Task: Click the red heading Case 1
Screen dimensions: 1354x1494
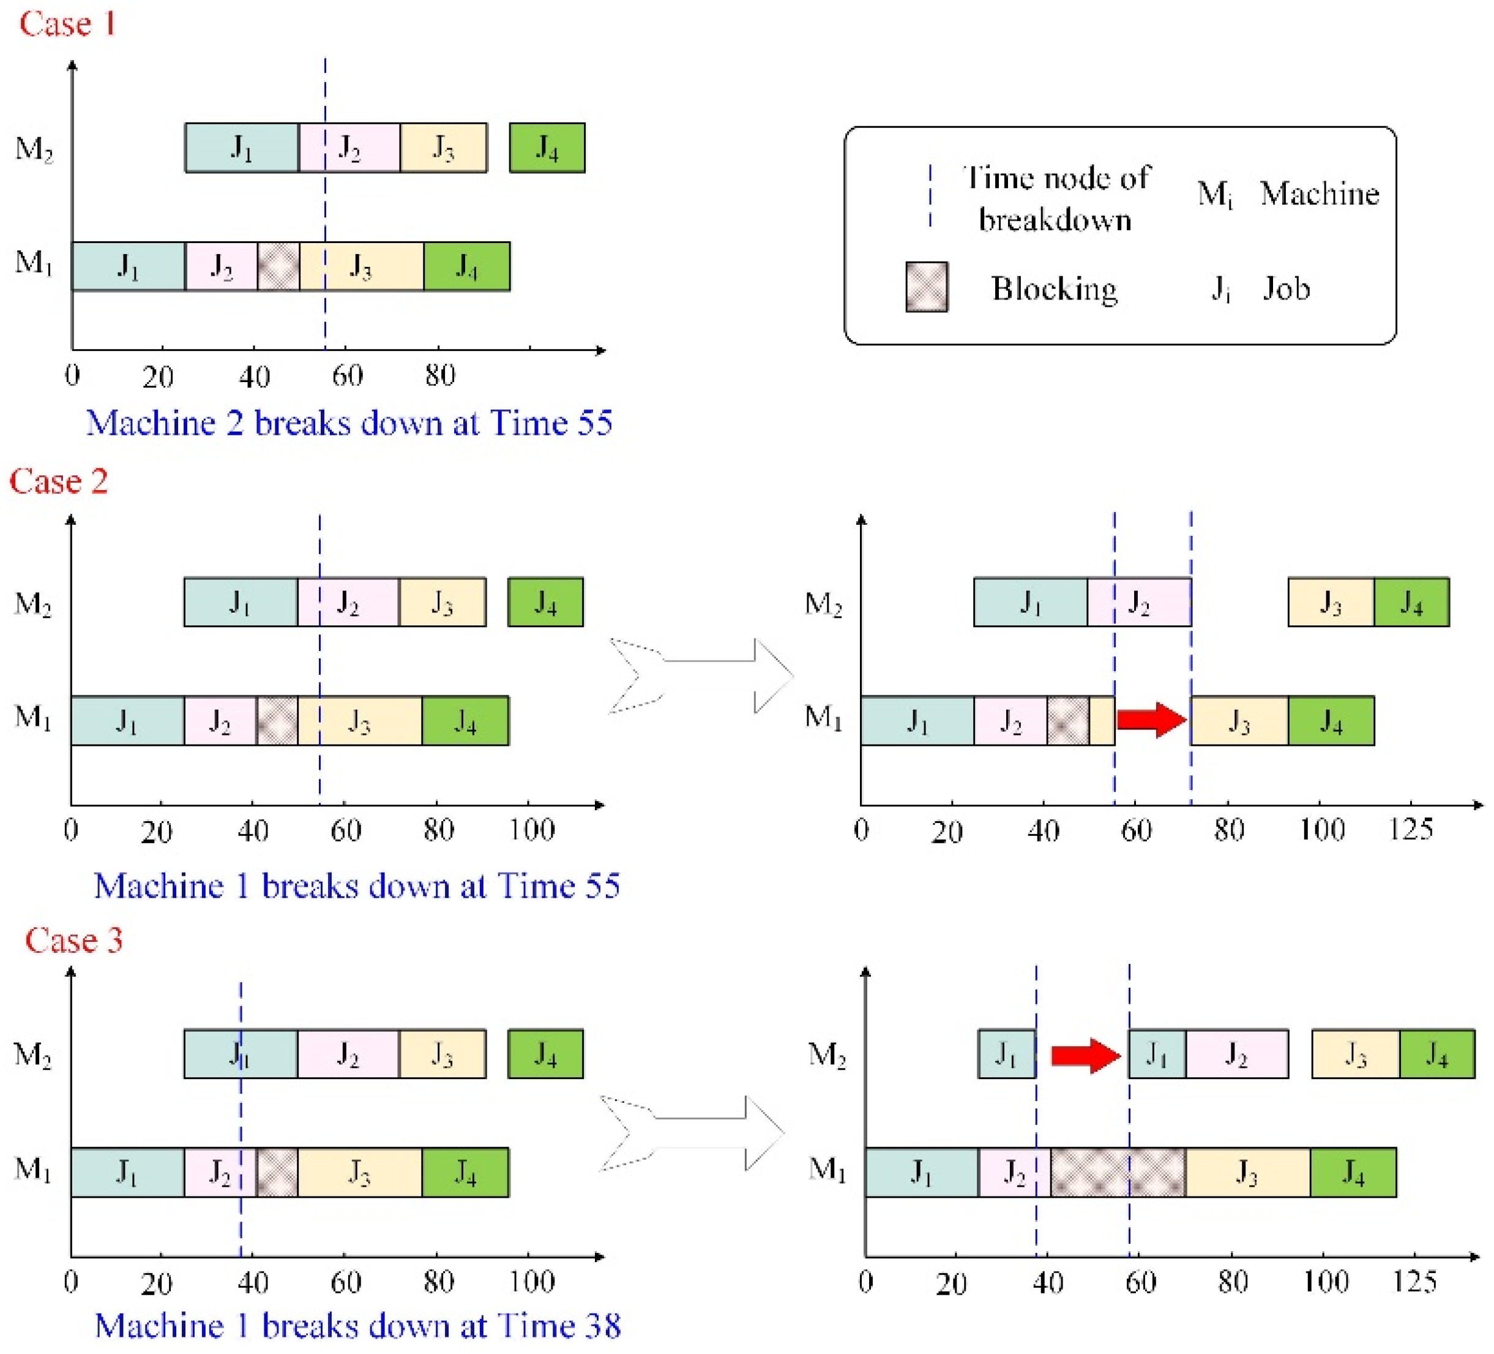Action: click(67, 24)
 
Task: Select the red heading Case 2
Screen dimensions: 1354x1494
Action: click(59, 481)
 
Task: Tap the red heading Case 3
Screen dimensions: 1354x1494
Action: click(73, 940)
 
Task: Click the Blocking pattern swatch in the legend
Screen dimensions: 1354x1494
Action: click(927, 287)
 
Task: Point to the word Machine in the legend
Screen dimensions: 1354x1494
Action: click(1319, 194)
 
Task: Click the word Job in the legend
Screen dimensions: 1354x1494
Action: click(1287, 288)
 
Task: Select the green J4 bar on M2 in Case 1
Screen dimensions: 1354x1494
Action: click(547, 148)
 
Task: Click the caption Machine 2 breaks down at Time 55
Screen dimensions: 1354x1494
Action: click(349, 423)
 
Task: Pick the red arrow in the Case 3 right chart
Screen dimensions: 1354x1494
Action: click(1086, 1055)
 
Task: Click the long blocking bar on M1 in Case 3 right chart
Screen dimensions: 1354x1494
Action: click(1118, 1172)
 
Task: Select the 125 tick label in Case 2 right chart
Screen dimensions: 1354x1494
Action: click(1410, 829)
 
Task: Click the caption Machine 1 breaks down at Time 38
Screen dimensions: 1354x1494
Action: click(357, 1326)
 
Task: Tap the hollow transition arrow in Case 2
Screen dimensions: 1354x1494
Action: click(700, 675)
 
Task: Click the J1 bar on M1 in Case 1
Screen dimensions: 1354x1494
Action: click(128, 266)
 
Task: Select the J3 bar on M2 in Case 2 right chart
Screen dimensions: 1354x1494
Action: click(1330, 602)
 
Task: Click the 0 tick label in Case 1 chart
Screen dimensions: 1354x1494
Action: click(72, 376)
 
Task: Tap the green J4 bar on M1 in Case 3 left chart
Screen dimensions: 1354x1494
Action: click(465, 1172)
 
